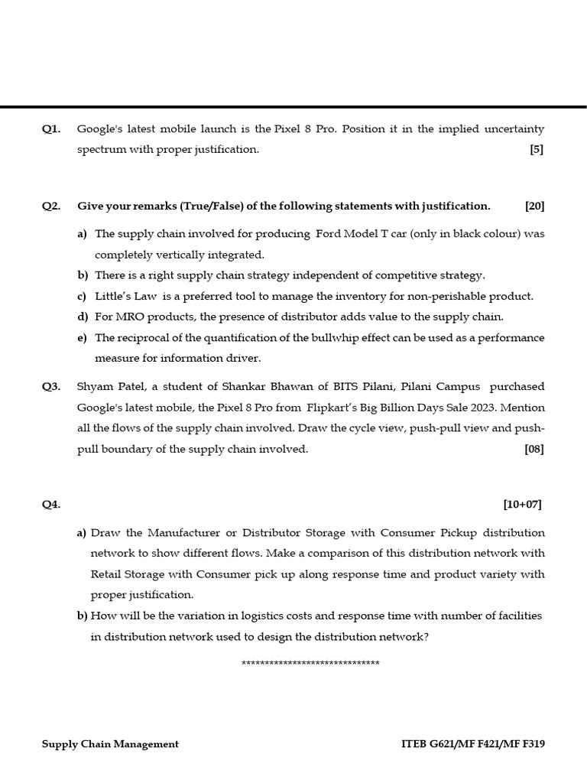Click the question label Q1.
[51, 129]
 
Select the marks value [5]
[536, 150]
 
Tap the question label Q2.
[51, 206]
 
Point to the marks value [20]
[534, 206]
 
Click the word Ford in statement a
[328, 234]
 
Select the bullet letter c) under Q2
[82, 296]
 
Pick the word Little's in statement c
[112, 296]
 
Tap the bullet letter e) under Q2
[82, 337]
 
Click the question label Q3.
[51, 387]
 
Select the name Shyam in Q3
[94, 387]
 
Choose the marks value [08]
[533, 449]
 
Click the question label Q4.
[51, 504]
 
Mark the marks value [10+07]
[522, 504]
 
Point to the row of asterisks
[310, 663]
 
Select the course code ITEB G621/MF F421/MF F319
[472, 744]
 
